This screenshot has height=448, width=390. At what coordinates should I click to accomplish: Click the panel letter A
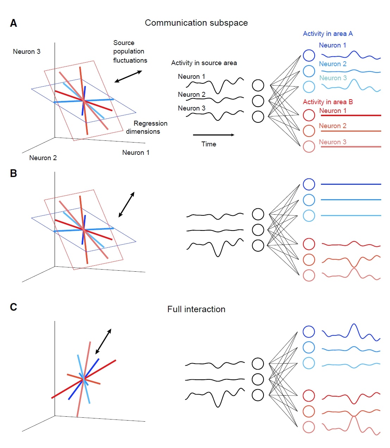13,23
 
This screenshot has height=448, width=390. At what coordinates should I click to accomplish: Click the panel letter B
13,173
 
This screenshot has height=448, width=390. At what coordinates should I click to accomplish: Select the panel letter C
13,307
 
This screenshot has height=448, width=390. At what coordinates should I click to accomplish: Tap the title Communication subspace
196,23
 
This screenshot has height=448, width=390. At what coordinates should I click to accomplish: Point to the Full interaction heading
196,309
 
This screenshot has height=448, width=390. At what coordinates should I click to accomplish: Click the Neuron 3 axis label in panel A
26,52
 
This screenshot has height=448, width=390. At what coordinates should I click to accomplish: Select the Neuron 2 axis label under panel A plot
43,158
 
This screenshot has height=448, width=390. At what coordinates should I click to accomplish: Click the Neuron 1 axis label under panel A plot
136,153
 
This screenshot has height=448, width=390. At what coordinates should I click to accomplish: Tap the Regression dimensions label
146,127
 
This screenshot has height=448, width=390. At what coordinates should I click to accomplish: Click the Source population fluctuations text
130,51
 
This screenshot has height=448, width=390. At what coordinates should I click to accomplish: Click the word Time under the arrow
209,144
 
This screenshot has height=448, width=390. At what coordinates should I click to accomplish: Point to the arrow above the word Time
213,135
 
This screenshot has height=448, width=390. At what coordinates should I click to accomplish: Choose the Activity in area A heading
328,34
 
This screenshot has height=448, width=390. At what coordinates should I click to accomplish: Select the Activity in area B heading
328,102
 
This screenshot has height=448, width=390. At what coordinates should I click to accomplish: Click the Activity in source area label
204,63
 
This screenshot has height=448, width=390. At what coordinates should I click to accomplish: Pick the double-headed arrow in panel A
128,77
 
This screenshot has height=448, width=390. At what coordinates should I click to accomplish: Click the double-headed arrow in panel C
104,341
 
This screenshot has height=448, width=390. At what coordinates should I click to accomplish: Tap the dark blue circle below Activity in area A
309,55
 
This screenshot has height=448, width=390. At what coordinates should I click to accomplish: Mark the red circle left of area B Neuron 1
309,115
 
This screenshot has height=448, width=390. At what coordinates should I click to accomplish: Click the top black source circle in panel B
258,214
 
